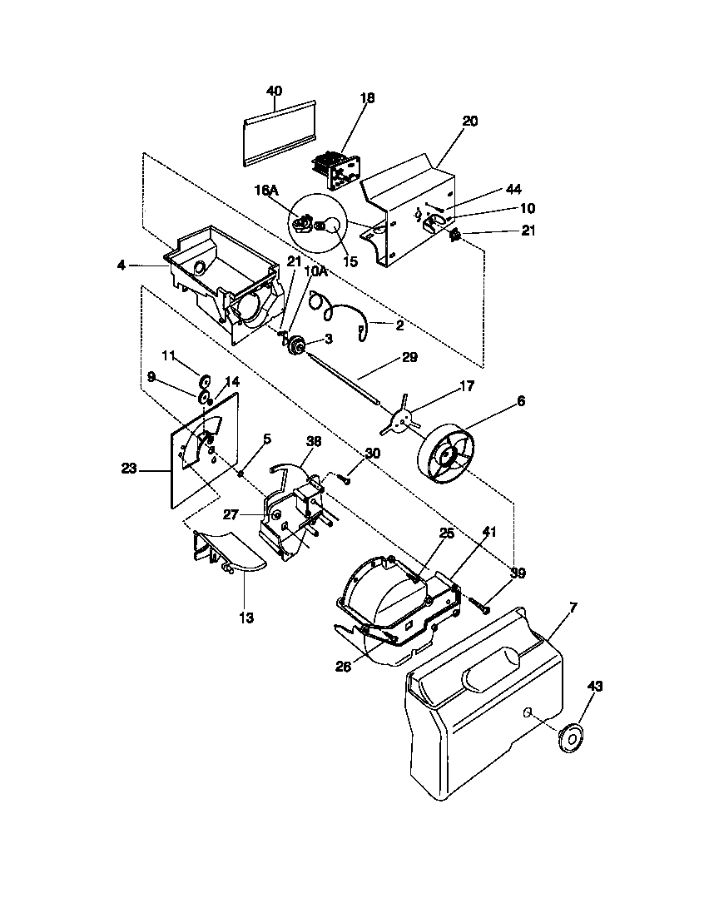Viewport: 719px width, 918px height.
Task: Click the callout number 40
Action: [x=274, y=91]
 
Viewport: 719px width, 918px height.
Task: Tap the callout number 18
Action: [x=367, y=98]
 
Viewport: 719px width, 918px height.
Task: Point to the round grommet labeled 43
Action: [x=571, y=737]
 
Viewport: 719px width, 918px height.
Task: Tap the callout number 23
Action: [x=128, y=469]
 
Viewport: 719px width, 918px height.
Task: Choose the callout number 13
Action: [x=247, y=618]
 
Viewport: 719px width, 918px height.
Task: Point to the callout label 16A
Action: [x=265, y=191]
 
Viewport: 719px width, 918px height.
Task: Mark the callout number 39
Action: [x=518, y=573]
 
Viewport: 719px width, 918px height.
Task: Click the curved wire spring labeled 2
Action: [x=341, y=314]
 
